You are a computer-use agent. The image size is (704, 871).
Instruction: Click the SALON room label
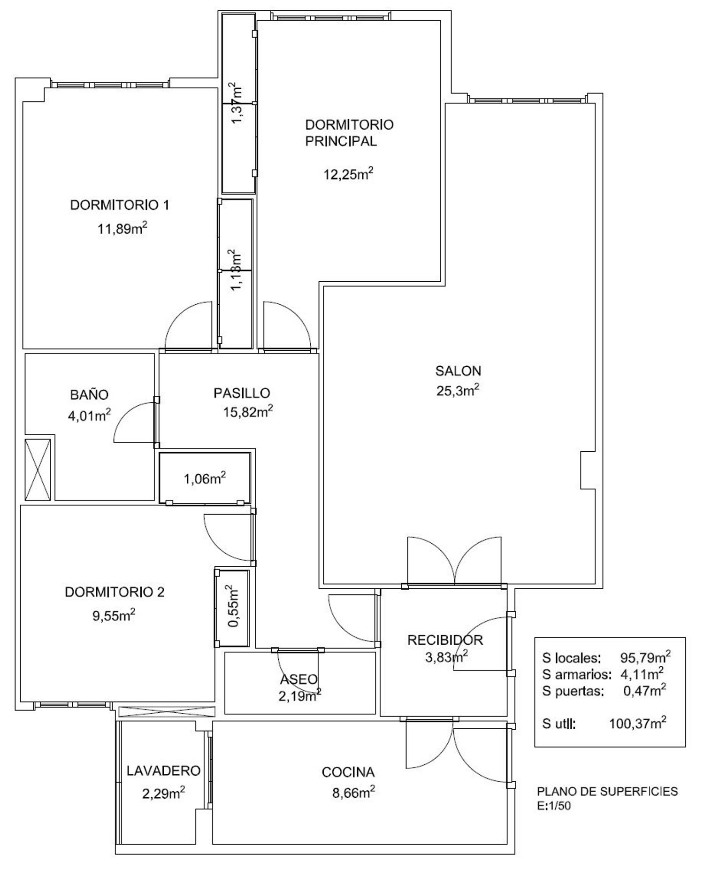(x=458, y=371)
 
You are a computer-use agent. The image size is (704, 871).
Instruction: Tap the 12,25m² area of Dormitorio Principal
(x=348, y=174)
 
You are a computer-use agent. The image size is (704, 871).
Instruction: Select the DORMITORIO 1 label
(x=120, y=205)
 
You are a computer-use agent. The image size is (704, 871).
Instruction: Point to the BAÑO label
(x=90, y=394)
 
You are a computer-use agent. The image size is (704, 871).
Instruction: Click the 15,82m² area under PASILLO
(x=248, y=412)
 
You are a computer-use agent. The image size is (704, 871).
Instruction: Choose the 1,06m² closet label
(x=205, y=478)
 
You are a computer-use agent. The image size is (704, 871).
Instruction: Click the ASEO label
(x=299, y=679)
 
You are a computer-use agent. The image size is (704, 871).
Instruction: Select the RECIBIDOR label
(x=445, y=640)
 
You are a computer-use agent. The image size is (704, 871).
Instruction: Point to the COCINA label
(x=348, y=772)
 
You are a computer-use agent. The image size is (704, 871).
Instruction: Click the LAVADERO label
(x=163, y=771)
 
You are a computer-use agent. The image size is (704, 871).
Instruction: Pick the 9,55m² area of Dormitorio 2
(x=114, y=616)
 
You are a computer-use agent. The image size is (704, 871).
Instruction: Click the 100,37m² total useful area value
(x=637, y=723)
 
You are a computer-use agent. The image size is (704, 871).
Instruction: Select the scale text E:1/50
(x=554, y=806)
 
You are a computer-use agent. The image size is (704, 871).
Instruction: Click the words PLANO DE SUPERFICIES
(x=607, y=791)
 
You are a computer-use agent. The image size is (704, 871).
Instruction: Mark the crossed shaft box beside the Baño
(x=38, y=470)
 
